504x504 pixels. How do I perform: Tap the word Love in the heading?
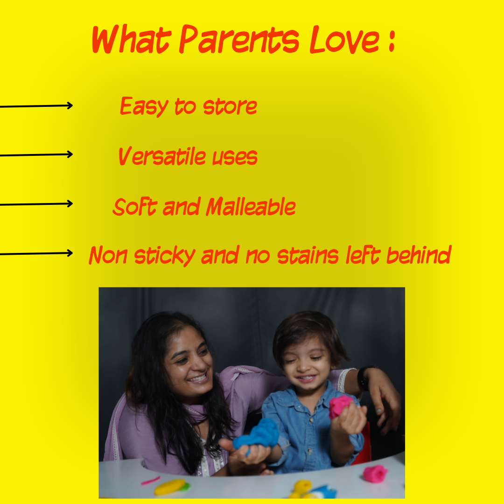pos(344,40)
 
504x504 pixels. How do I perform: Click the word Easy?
pos(144,106)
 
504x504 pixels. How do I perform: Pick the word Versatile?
pos(162,156)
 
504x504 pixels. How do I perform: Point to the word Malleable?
pos(251,206)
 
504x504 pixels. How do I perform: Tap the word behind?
pos(419,255)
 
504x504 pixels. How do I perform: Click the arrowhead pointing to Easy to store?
pos(70,105)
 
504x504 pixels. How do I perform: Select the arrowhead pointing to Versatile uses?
pos(70,154)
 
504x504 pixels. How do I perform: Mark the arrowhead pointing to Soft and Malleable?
pos(70,203)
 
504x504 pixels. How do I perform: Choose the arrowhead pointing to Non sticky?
pos(70,253)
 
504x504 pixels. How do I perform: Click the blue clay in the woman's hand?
pos(257,434)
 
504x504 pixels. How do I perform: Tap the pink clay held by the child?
pos(340,406)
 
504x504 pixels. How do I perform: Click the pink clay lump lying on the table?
pos(375,474)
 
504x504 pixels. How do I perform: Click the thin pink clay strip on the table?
pos(150,481)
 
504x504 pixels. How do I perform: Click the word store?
pos(230,106)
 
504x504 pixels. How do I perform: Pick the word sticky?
pos(165,256)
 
